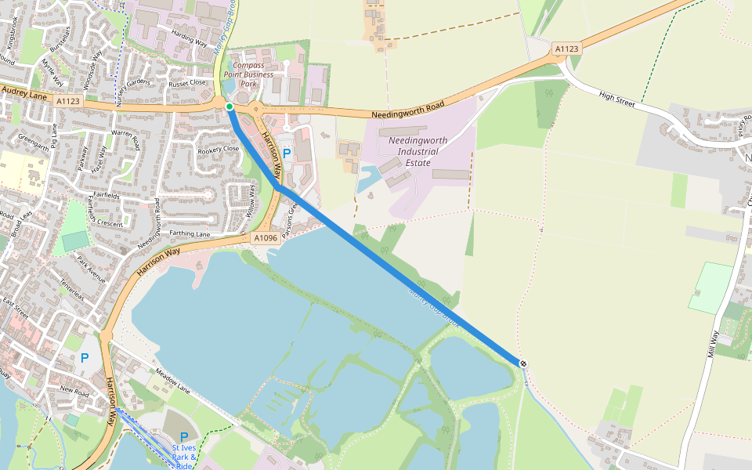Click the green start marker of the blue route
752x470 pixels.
229,107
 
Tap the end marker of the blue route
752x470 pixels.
522,363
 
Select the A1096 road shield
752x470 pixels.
265,237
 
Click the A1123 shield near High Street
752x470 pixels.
566,49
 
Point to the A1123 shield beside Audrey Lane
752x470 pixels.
68,100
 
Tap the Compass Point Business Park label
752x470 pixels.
248,74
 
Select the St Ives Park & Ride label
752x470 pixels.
184,456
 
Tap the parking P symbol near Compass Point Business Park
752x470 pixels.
286,154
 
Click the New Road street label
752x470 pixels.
74,389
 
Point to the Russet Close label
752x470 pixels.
188,82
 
